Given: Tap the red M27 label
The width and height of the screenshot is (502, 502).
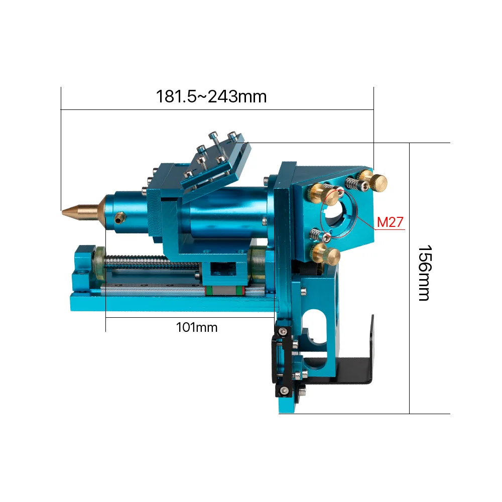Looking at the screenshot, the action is pos(390,222).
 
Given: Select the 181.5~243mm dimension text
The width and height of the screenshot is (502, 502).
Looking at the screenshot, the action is pos(211,96).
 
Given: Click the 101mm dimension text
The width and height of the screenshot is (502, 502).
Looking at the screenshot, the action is pos(197,327).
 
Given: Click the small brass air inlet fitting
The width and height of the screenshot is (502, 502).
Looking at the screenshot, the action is pos(120,218).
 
